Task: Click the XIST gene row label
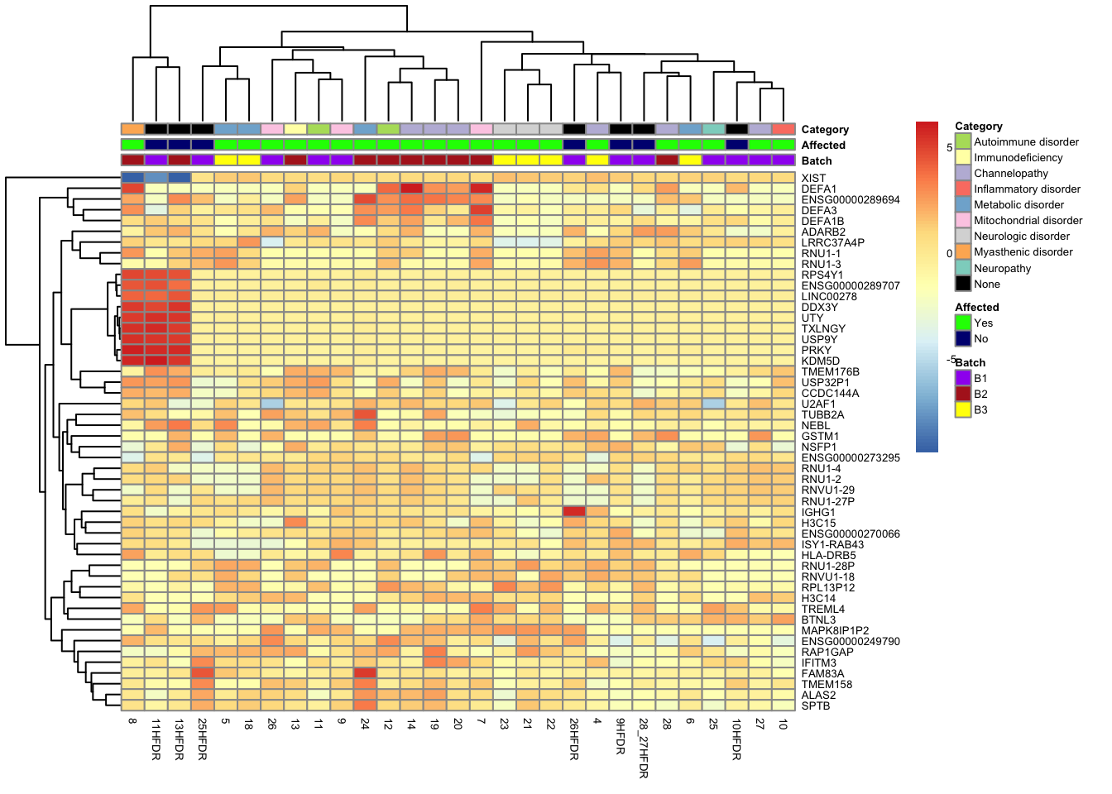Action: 813,178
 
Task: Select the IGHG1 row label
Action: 818,512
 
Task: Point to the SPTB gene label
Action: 815,706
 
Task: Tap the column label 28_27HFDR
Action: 644,748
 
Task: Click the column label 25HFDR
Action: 202,739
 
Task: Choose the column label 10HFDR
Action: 736,739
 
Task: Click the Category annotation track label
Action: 825,129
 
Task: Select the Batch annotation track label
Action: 817,160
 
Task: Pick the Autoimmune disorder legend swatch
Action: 963,141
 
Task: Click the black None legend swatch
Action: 963,284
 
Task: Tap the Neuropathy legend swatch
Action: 963,268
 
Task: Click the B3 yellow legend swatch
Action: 963,409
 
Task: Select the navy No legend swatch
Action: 963,338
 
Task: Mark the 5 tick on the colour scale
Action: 949,147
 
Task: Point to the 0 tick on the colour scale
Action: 949,254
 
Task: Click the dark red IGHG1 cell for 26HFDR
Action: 574,512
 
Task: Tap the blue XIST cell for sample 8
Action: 132,178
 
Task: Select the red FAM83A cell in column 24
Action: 365,673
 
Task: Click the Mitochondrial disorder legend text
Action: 1028,220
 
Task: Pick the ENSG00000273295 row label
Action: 851,457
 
